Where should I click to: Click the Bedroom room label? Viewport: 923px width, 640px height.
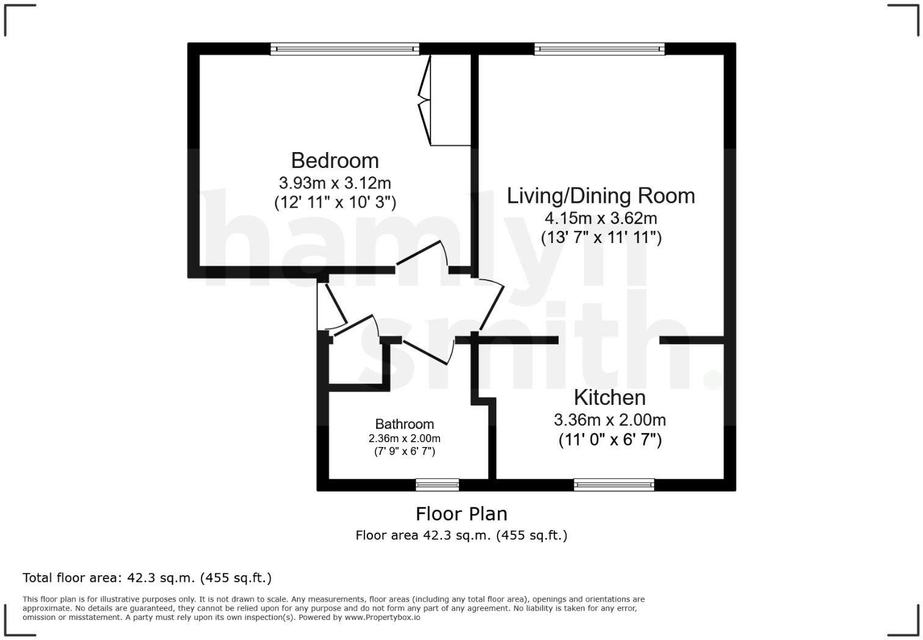point(335,161)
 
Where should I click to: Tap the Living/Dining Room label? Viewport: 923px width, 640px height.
point(601,196)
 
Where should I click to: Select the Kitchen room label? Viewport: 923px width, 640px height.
point(609,398)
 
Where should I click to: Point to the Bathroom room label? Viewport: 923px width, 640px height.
point(404,424)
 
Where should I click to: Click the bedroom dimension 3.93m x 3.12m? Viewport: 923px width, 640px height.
point(335,183)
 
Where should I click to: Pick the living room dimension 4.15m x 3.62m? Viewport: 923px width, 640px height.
point(601,218)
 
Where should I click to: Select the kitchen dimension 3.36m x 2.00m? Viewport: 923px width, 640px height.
point(609,420)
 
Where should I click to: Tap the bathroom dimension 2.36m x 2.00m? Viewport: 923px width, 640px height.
point(404,438)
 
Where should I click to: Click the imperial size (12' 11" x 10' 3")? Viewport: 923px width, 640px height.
point(335,202)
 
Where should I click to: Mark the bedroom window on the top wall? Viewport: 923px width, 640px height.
point(345,49)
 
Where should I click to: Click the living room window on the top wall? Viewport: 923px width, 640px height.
point(599,49)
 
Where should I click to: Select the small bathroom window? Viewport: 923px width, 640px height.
point(437,485)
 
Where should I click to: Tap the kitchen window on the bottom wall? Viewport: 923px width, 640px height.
point(614,485)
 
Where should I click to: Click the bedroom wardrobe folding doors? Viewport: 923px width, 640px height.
point(424,101)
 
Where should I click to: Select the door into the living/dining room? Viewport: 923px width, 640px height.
point(491,305)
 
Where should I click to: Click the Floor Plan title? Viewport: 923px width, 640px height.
point(461,514)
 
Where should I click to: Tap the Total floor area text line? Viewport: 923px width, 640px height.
point(147,578)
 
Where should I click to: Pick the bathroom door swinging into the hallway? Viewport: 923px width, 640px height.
point(427,351)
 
